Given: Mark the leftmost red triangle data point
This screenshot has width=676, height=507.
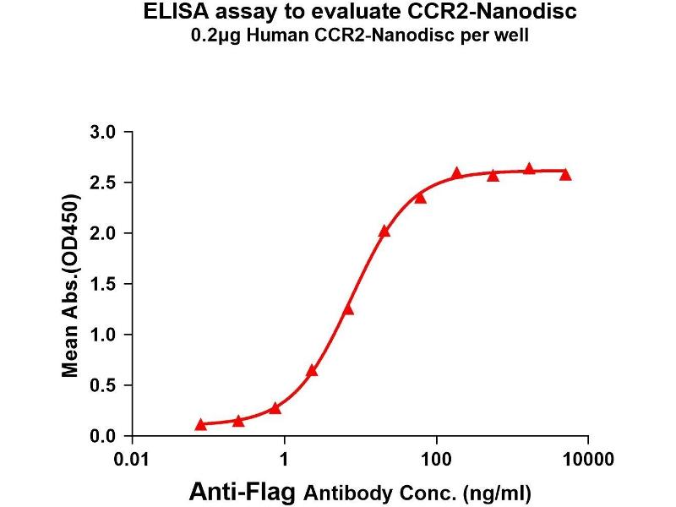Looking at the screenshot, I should point(200,424).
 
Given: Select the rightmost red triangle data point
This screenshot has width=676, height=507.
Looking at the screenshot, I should point(565,174).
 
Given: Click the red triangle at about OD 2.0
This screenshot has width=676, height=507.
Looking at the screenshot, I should point(384,231).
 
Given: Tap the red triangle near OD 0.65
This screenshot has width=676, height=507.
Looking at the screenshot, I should point(312,370).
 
